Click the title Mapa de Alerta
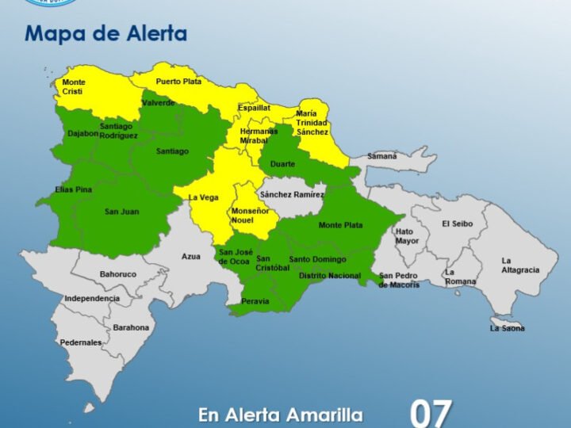point(105,34)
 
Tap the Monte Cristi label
point(74,86)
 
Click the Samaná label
point(381,156)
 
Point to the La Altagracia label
point(519,266)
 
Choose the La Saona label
point(507,328)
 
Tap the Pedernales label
point(81,342)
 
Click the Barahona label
point(131,327)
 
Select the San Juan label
point(121,212)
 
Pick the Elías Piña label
point(74,189)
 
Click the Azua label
point(191,257)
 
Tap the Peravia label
point(255,301)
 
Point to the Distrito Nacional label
point(329,276)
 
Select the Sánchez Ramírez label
point(292,194)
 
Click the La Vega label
point(204,197)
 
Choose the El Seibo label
point(457,224)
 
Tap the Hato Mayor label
point(407,236)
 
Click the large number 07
point(431,413)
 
